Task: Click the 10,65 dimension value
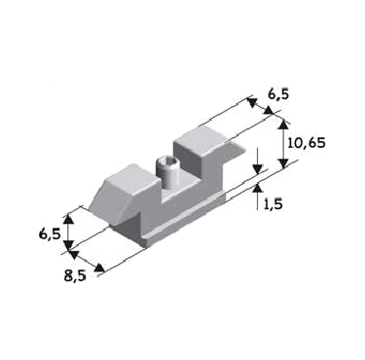(x=307, y=143)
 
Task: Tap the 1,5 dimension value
(x=273, y=204)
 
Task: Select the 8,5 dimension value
(x=75, y=275)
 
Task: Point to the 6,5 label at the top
(x=278, y=94)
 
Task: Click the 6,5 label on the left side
(x=50, y=234)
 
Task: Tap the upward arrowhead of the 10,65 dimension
(x=284, y=126)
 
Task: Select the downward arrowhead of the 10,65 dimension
(x=284, y=163)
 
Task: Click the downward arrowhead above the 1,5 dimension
(x=258, y=169)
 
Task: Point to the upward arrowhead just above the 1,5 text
(x=258, y=188)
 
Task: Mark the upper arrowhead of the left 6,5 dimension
(x=68, y=219)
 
